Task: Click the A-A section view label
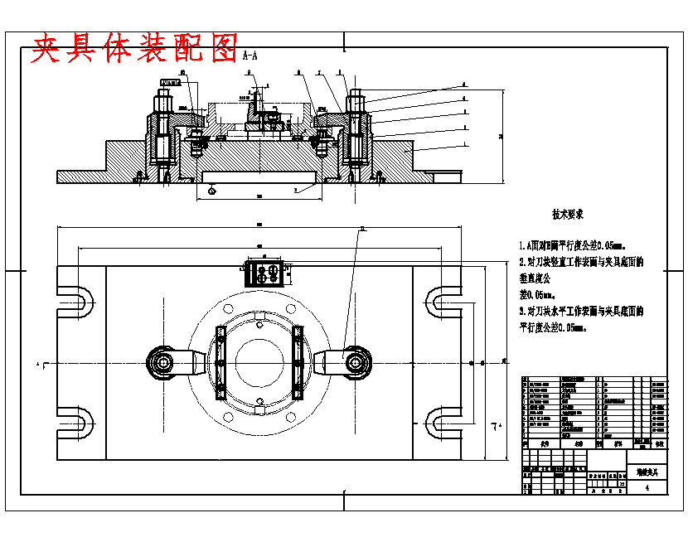[250, 56]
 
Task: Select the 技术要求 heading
[568, 215]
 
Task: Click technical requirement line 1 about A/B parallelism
[571, 246]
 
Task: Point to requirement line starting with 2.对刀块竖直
[580, 262]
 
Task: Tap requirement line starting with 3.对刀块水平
[580, 312]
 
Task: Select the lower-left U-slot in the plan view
[75, 423]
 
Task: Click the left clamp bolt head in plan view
[161, 362]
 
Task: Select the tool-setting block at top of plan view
[264, 271]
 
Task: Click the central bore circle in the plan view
[259, 362]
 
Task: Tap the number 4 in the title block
[646, 488]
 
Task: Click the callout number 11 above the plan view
[362, 228]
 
